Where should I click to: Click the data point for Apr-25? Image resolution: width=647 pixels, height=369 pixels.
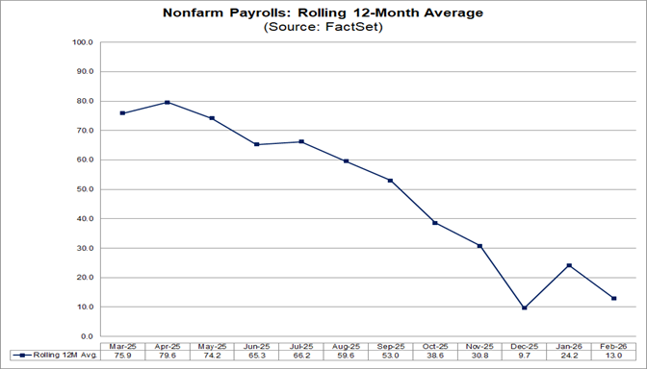[x=168, y=102]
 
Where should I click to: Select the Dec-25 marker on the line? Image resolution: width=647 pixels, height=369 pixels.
[x=524, y=307]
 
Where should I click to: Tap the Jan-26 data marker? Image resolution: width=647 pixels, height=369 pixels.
[x=568, y=265]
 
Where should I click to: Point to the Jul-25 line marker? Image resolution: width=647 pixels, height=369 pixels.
[x=301, y=141]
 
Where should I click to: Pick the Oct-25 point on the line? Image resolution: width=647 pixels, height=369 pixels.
[x=434, y=223]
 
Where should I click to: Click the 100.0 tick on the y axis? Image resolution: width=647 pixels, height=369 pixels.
[x=82, y=42]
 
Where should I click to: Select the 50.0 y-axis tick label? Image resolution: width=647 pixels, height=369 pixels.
[x=83, y=189]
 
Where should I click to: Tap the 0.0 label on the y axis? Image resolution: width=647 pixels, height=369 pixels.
[x=86, y=336]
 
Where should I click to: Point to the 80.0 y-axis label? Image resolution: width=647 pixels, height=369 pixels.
[x=83, y=101]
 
